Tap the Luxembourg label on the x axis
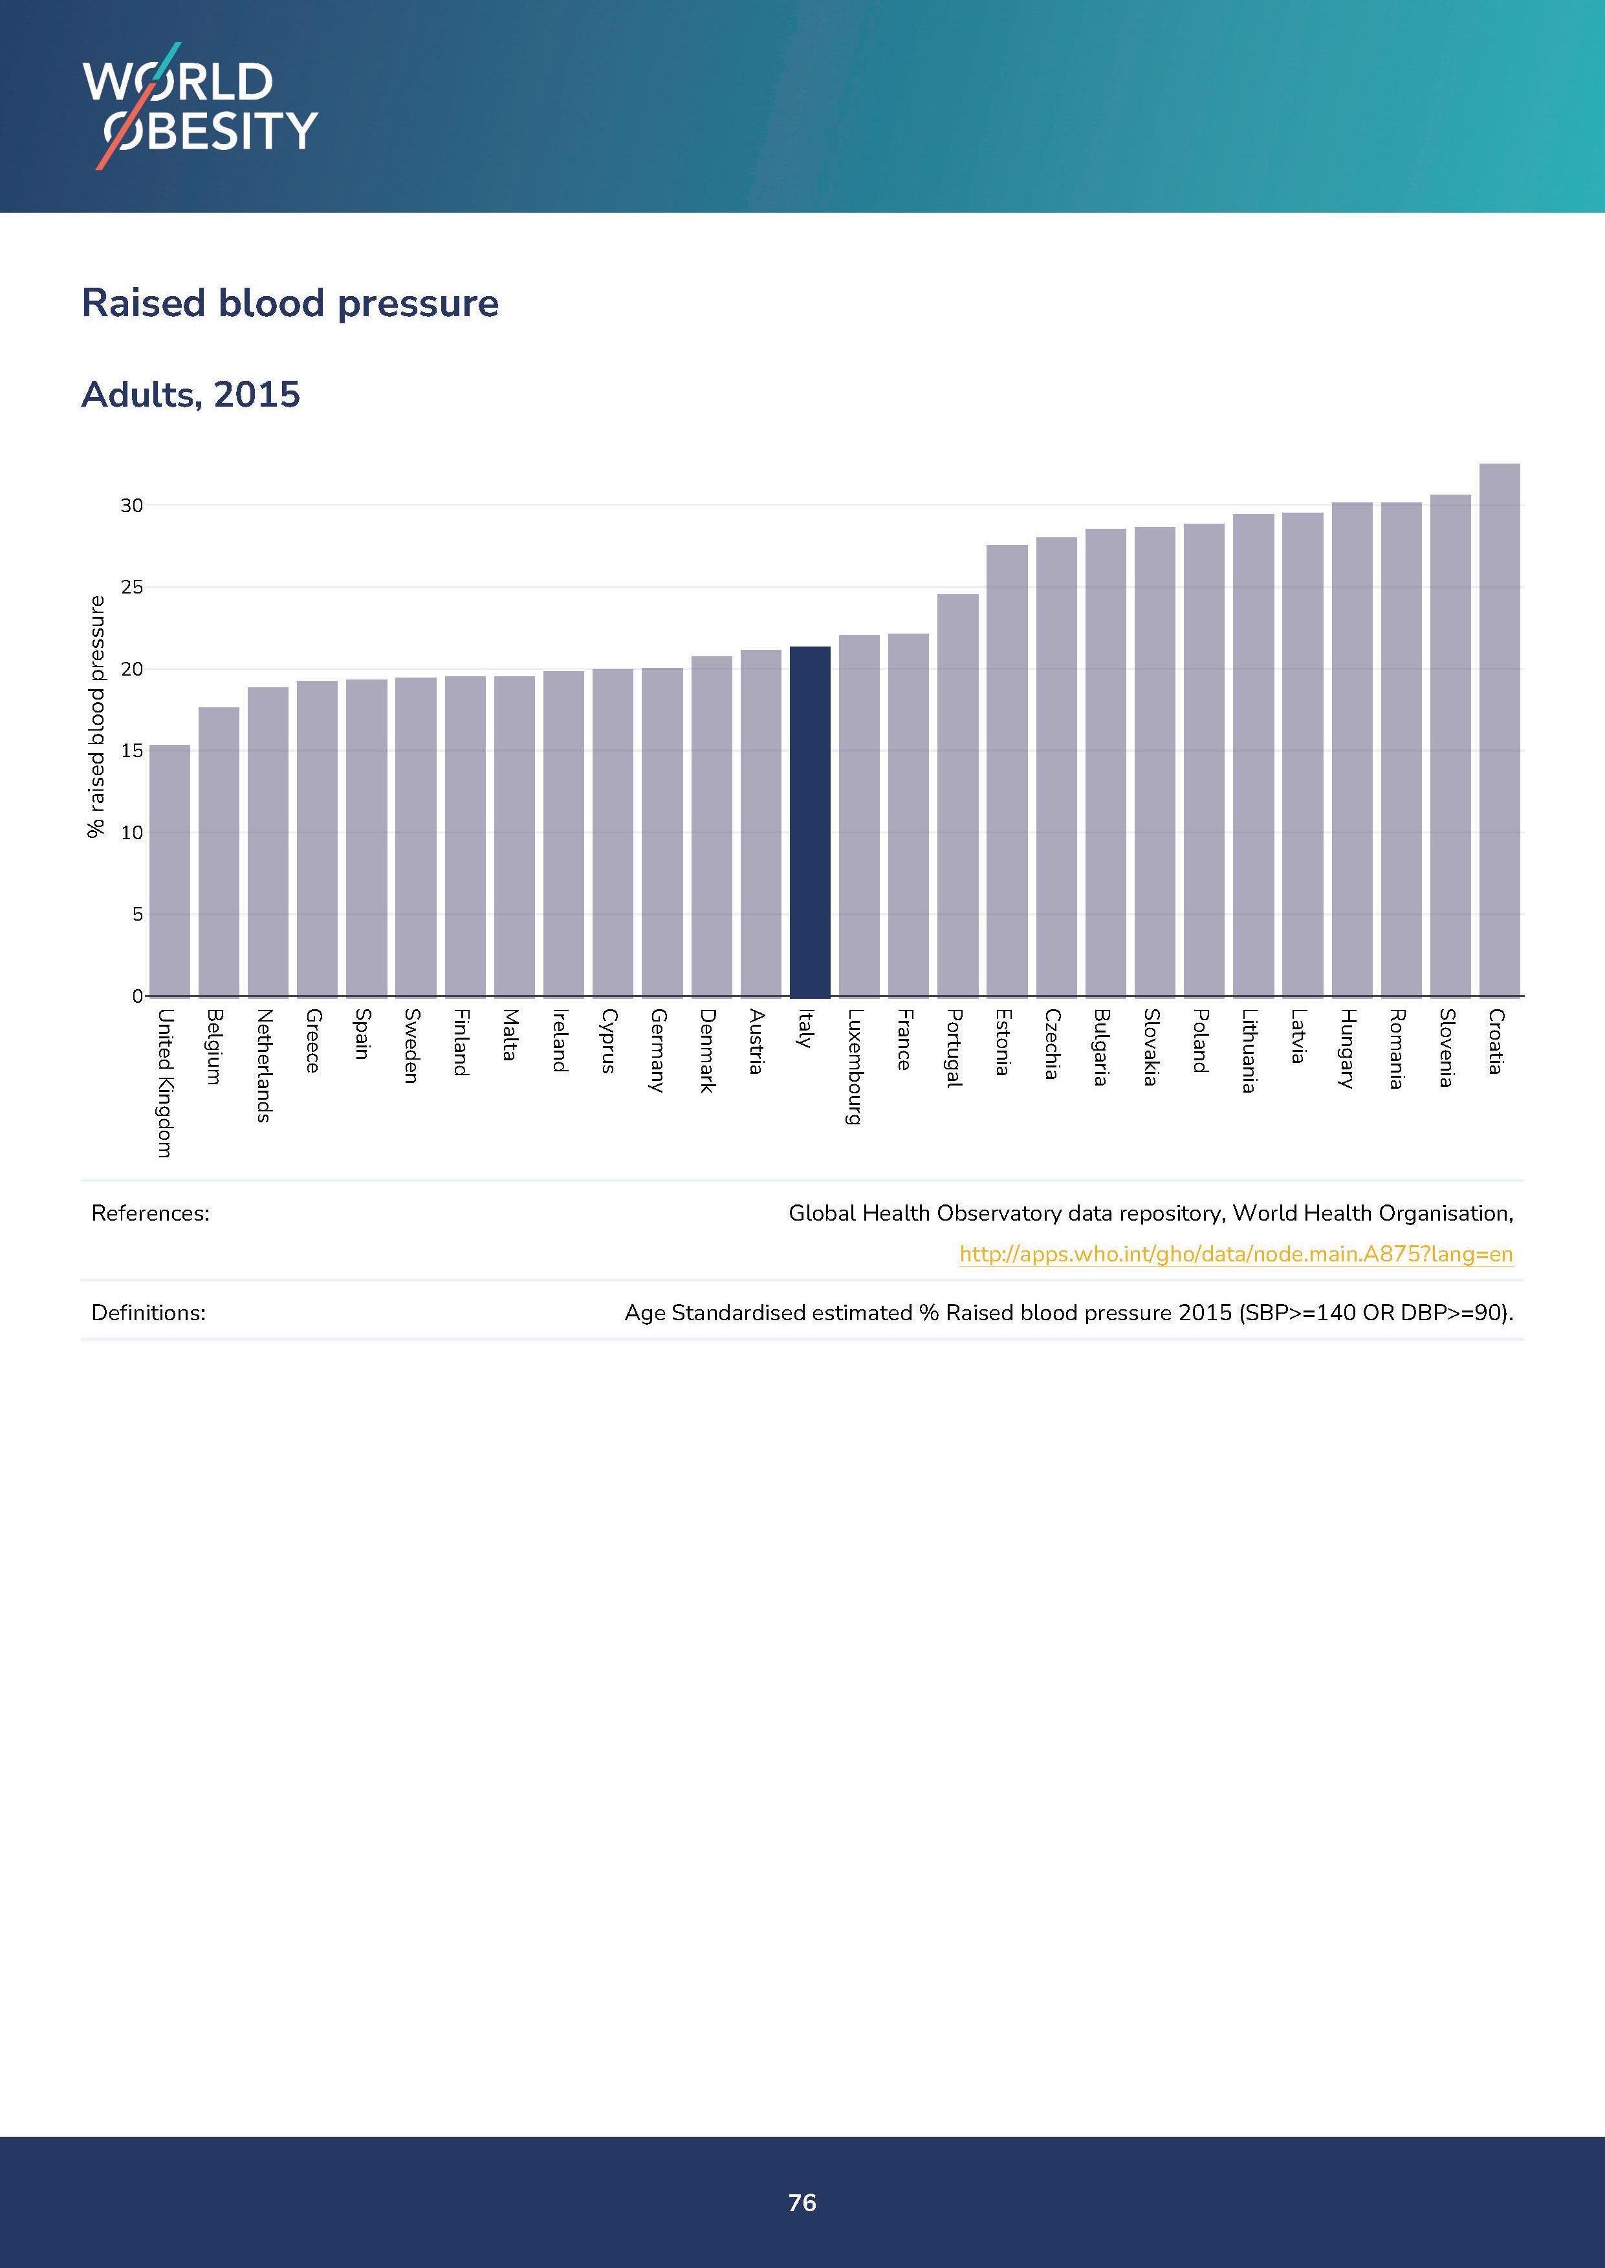[855, 1066]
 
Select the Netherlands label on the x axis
[264, 1065]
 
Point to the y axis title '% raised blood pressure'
[96, 716]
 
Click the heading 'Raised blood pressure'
[290, 303]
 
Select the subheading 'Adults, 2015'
[191, 394]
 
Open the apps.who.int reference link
[1236, 1254]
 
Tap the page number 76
[802, 2203]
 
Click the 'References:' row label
[150, 1213]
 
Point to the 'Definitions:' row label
[148, 1313]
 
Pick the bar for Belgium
[219, 851]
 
